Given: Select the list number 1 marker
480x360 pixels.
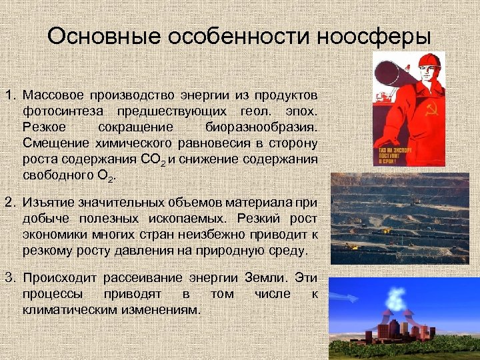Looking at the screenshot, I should pyautogui.click(x=10, y=92).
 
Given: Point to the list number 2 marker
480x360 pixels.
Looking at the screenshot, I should pyautogui.click(x=10, y=202).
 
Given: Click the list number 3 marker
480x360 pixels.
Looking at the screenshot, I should pyautogui.click(x=10, y=277).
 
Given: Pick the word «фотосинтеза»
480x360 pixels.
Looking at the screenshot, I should pyautogui.click(x=57, y=109).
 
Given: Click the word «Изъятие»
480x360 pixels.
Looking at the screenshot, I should pyautogui.click(x=47, y=202).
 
